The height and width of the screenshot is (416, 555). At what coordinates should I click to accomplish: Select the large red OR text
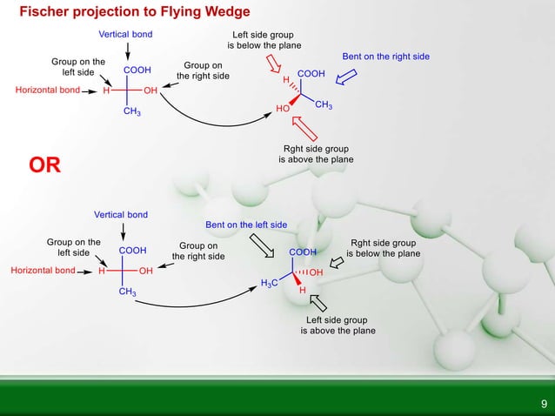tap(44, 165)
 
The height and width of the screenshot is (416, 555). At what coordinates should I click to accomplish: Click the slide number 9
tap(544, 403)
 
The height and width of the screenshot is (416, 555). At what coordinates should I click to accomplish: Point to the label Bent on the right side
tap(385, 57)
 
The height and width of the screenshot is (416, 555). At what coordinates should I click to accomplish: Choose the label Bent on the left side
tap(246, 225)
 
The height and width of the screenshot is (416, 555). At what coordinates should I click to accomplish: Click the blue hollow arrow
tap(346, 78)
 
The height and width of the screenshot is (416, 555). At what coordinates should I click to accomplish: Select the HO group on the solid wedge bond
tap(282, 109)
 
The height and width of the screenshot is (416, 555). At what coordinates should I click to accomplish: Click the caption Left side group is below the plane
tap(265, 40)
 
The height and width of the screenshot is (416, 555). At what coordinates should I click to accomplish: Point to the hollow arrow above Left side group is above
tap(318, 301)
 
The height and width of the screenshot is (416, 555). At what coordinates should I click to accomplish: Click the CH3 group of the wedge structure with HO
tap(323, 105)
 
